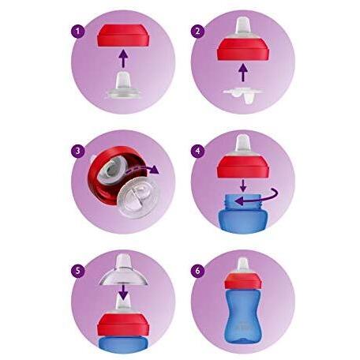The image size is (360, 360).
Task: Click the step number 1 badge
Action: (77, 32)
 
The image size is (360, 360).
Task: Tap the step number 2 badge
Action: (197, 32)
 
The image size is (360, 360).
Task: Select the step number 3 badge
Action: (77, 152)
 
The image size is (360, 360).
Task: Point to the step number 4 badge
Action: (197, 152)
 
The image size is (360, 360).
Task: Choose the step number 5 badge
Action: (77, 271)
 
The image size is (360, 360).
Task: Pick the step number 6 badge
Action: (197, 271)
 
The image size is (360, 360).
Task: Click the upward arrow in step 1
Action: (123, 58)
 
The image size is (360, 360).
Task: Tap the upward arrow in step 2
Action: (243, 73)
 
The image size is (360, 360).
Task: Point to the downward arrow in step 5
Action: (123, 291)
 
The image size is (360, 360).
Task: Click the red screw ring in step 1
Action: (123, 36)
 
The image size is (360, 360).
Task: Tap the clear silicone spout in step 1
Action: (123, 84)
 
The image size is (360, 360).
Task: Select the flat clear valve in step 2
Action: (243, 94)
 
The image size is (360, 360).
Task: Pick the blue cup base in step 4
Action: (243, 214)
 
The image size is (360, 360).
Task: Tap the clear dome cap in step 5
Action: (123, 271)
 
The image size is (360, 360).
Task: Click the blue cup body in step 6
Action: (243, 315)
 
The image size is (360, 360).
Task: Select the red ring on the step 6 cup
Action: (243, 281)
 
